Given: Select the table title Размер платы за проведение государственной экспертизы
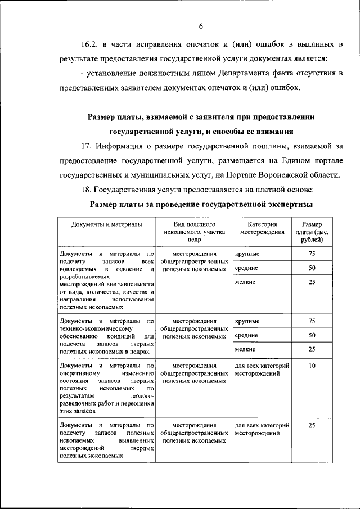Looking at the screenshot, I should tap(202, 205).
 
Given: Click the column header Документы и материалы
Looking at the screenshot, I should tap(107, 224).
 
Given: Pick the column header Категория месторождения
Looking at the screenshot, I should tap(262, 228).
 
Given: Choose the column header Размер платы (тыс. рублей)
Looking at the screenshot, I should tap(312, 232).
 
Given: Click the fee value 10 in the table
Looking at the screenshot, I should tap(312, 366).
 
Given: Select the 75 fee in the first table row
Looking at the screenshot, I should tap(312, 254).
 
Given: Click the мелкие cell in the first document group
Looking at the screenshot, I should tap(245, 282).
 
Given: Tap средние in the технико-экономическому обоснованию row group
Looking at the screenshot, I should tap(246, 335).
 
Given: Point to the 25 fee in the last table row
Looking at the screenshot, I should tap(312, 426).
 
